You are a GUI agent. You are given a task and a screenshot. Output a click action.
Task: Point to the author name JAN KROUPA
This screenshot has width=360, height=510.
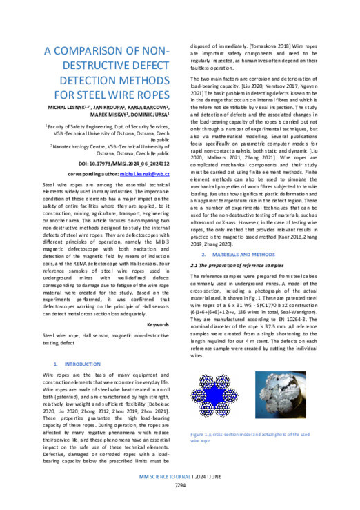point(114,107)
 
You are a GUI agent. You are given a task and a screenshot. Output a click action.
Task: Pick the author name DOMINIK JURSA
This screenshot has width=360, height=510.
point(141,115)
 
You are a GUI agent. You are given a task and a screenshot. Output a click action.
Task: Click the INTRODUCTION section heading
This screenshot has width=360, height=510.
point(82,362)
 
